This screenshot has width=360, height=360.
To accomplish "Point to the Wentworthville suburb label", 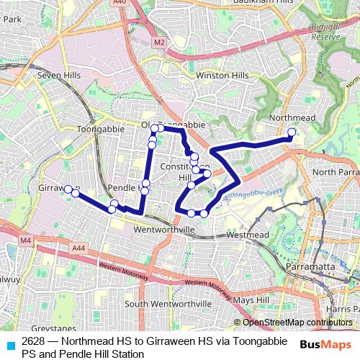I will tap(164, 230).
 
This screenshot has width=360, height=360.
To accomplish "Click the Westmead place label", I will tap(247, 235).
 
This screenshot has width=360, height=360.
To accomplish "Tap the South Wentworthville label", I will tap(168, 304).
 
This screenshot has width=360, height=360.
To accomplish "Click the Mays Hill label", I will tap(251, 300).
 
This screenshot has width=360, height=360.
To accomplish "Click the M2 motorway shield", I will tap(159, 43).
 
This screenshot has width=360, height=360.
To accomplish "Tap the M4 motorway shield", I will tap(26, 240).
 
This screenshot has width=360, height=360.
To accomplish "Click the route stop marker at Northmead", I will tap(291, 131).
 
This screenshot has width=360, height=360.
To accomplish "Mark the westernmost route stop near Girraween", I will tap(68, 189).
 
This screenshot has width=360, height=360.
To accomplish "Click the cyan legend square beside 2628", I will tap(10, 343).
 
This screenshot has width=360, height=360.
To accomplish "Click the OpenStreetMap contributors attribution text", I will tap(297, 323).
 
